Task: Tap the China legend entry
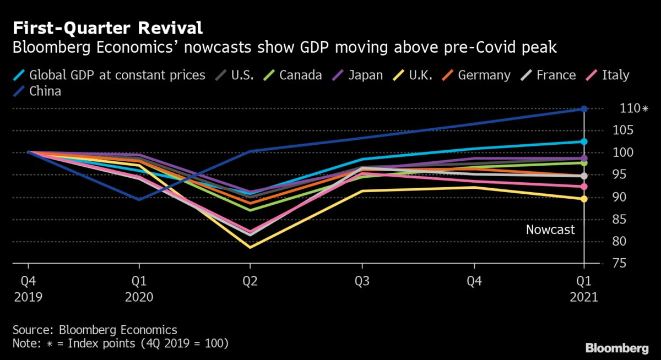pos(39,91)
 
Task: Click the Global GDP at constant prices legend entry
pos(111,75)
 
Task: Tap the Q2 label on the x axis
pos(250,281)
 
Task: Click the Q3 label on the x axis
pos(361,281)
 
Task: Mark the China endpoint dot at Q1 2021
pos(584,109)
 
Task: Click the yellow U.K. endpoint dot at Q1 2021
pos(584,199)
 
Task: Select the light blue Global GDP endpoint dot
pos(584,141)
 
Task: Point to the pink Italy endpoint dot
pos(584,187)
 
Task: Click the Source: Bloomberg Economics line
pos(95,330)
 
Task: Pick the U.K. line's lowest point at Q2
pos(250,247)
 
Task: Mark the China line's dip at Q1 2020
pos(139,199)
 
